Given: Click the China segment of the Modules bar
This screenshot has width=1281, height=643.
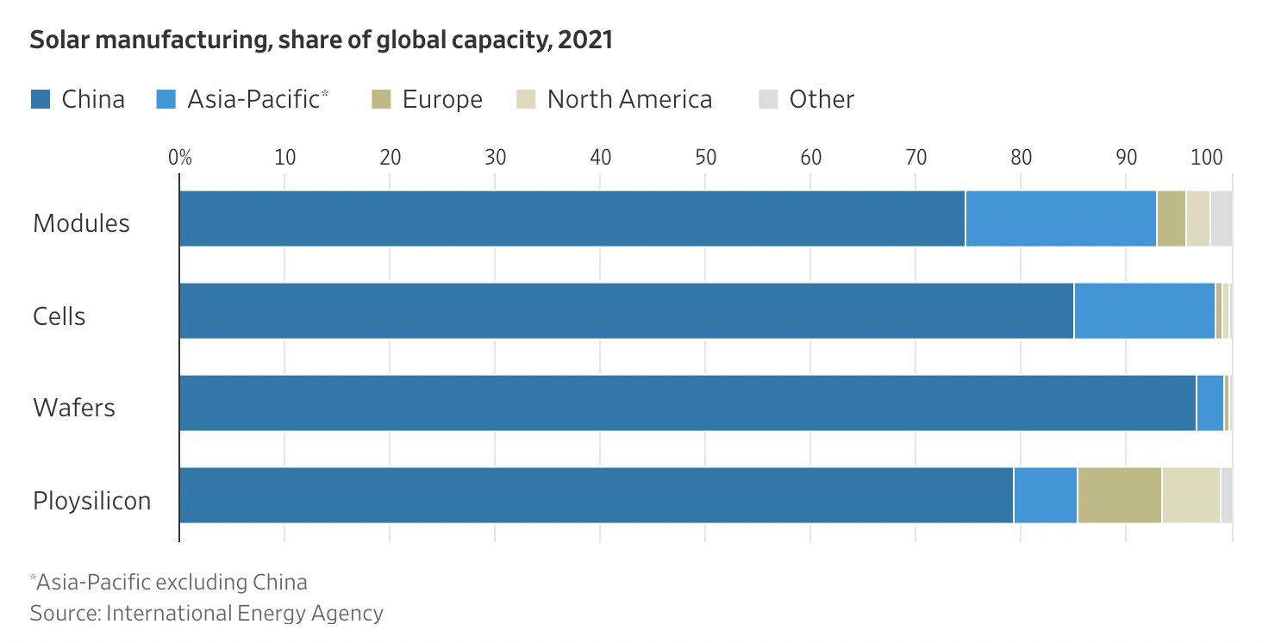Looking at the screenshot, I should [x=572, y=219].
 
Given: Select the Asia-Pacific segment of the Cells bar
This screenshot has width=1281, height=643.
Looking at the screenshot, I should [x=1144, y=311].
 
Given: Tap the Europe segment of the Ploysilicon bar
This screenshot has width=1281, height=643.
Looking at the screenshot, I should [x=1119, y=496].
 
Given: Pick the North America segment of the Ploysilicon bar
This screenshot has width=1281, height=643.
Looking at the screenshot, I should [x=1190, y=496].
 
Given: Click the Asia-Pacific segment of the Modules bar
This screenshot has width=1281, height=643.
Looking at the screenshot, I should [x=1060, y=219].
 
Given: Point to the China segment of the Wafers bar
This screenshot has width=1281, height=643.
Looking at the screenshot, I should [x=687, y=403].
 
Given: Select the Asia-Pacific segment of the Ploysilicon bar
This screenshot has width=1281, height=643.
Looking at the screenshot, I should [x=1045, y=496].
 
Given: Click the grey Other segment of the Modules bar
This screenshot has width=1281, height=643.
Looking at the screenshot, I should [x=1221, y=219].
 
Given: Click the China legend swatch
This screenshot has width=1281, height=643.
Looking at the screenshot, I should [x=41, y=100].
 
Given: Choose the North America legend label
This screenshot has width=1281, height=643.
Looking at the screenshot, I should [x=629, y=100].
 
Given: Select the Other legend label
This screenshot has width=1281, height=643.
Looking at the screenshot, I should [x=822, y=100].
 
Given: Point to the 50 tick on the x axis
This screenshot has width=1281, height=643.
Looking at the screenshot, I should [x=705, y=158].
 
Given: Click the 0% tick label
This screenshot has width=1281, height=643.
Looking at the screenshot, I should [x=179, y=158].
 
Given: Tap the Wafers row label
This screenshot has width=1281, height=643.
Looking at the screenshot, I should [x=74, y=407].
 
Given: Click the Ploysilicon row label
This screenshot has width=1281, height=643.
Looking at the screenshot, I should [x=91, y=500].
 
